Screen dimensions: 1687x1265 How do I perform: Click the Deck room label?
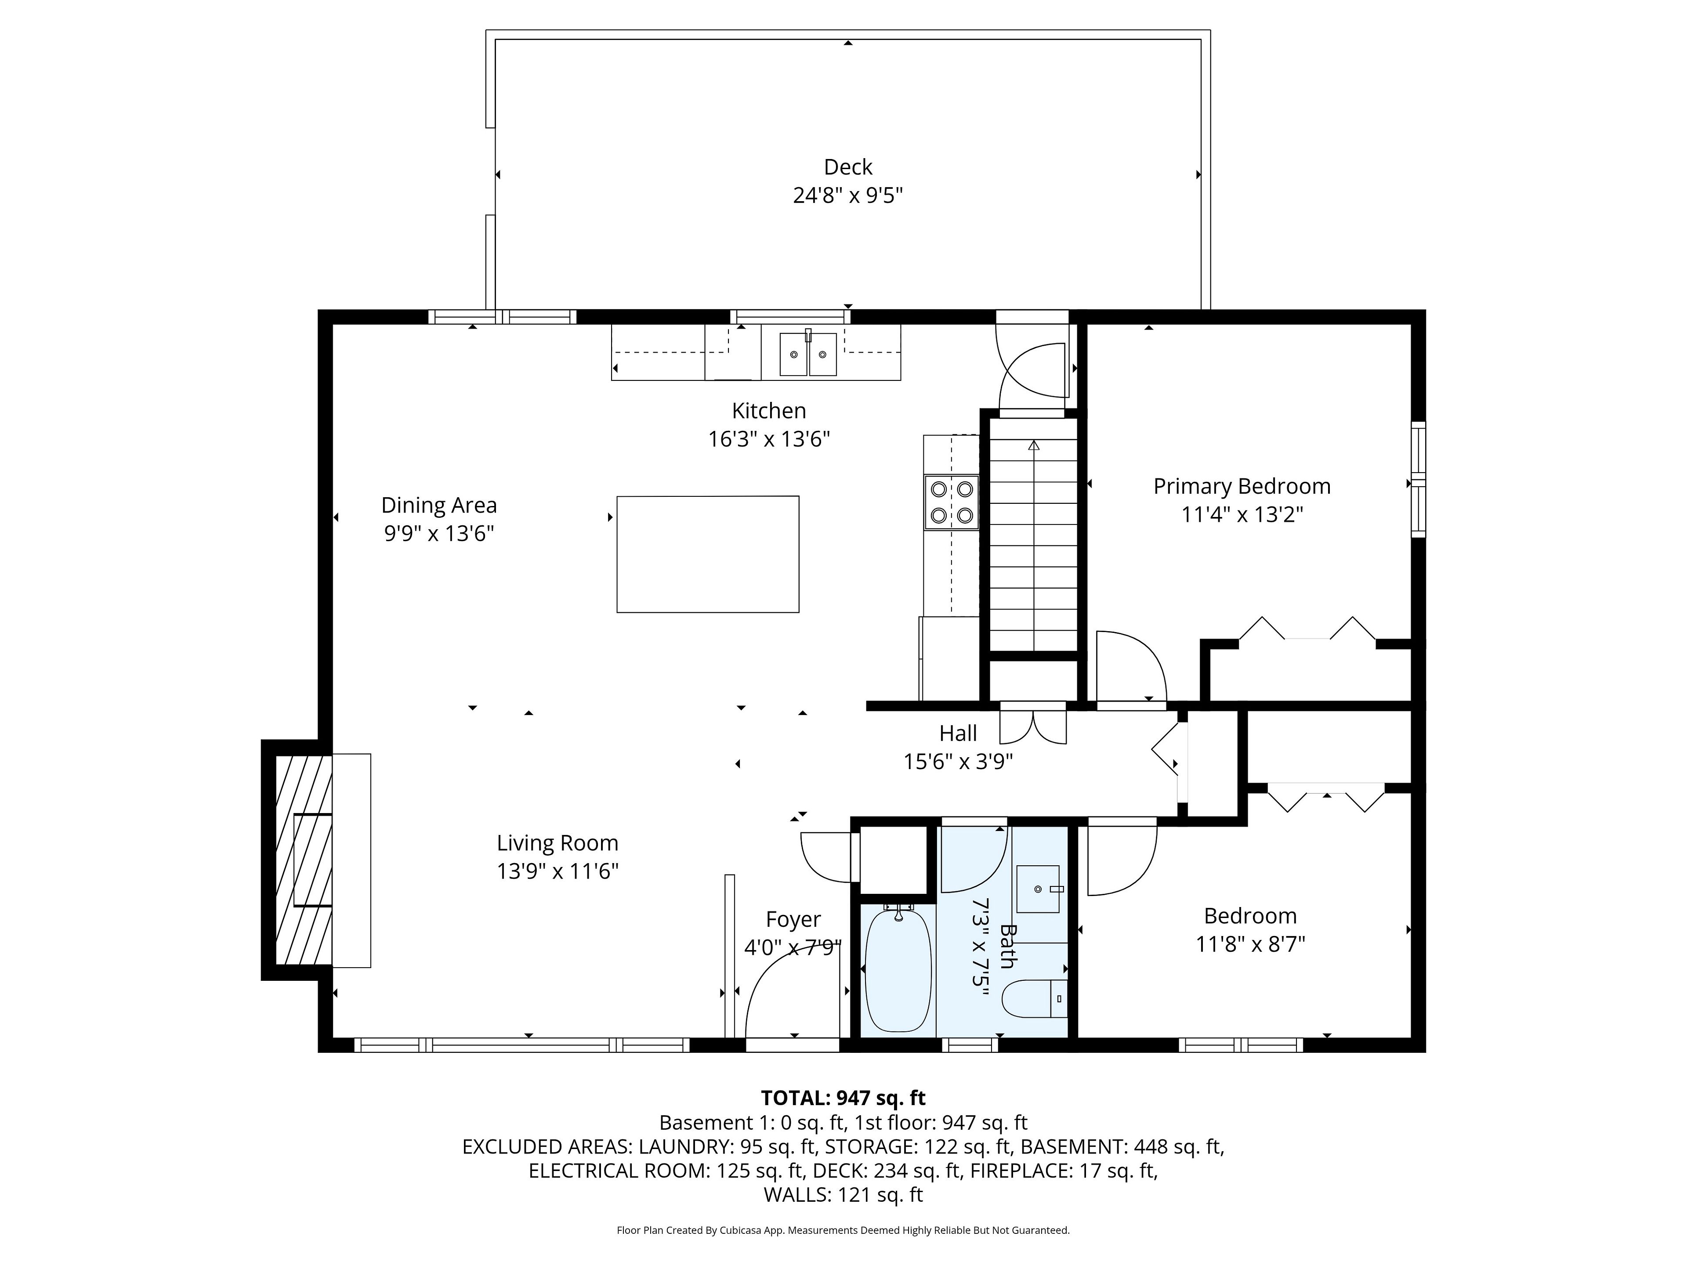(847, 167)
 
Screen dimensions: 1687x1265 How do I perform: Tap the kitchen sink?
(807, 354)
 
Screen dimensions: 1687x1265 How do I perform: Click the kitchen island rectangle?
(708, 554)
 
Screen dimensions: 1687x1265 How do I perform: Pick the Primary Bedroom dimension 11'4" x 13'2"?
(1242, 515)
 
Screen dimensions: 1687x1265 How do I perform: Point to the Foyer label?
(793, 920)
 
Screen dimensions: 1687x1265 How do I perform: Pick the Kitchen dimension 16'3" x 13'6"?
(769, 439)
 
